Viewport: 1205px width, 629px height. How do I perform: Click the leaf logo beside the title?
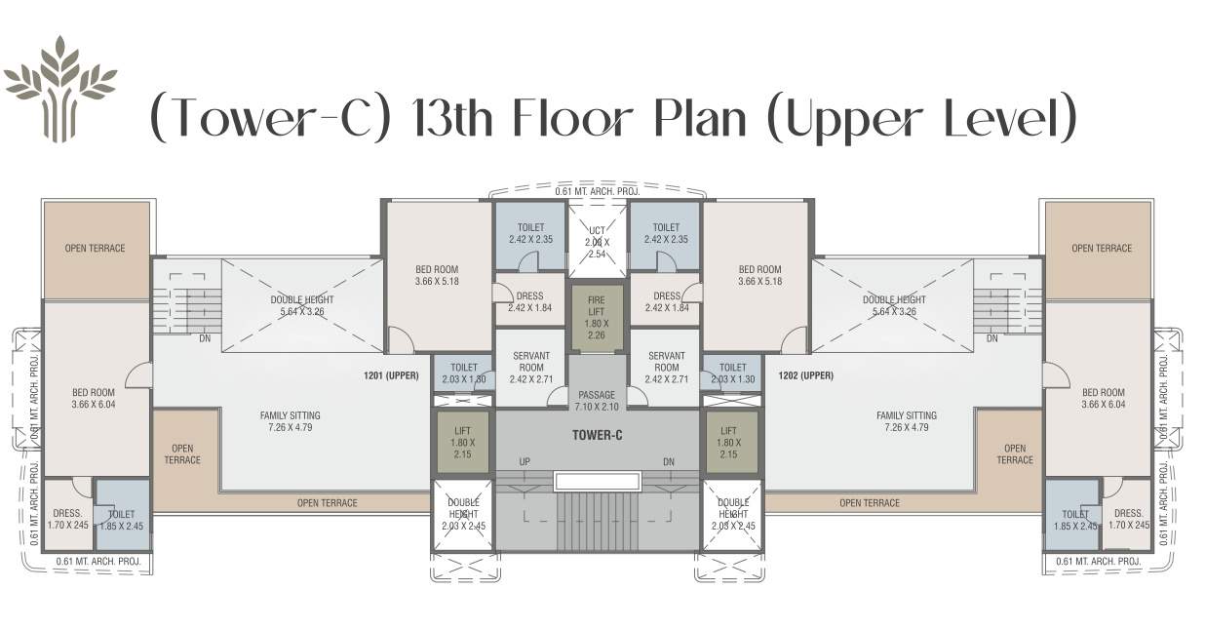tap(60, 89)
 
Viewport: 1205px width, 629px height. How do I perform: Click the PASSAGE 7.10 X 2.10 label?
tap(597, 401)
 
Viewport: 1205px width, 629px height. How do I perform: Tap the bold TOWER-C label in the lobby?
tap(597, 435)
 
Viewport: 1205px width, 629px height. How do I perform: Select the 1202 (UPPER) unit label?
tap(805, 375)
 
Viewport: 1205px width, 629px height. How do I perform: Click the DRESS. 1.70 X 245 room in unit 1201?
tap(67, 519)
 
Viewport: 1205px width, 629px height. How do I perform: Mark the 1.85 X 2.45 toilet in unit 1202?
tap(1074, 519)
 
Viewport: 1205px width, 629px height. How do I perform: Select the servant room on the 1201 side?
tap(531, 367)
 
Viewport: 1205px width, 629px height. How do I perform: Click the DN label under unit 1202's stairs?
tap(991, 338)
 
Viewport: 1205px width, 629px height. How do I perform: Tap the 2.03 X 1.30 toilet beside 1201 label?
tap(463, 373)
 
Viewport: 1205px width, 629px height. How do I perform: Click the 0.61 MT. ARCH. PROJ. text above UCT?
tap(597, 191)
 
